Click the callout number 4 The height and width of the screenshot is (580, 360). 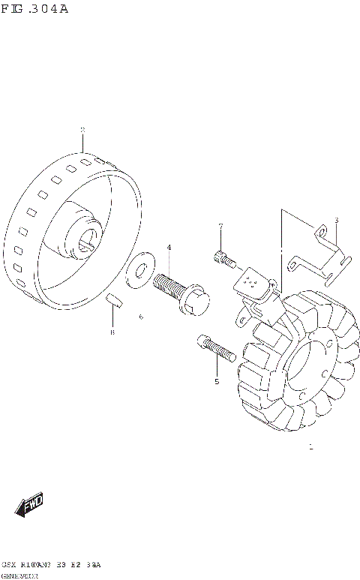point(169,247)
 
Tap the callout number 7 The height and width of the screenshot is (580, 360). point(221,226)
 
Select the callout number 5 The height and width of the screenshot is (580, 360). point(217,381)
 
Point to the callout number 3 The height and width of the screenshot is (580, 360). point(336,220)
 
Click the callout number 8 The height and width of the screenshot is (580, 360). point(112,332)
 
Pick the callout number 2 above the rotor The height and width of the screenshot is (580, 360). point(82,130)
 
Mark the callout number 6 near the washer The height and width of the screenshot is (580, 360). point(140,317)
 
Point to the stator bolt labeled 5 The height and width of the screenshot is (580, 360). point(214,348)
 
